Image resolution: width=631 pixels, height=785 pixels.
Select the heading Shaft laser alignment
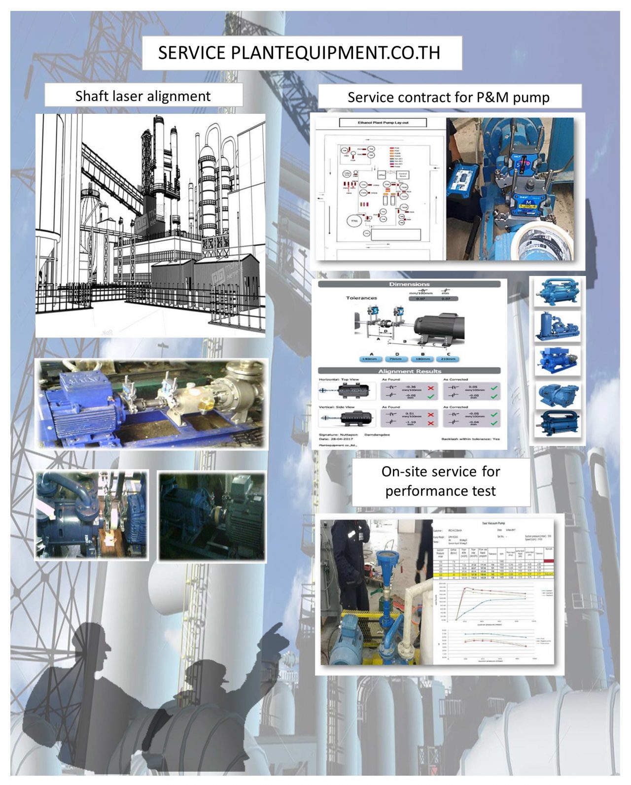pyautogui.click(x=143, y=96)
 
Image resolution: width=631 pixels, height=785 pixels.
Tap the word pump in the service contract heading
pyautogui.click(x=530, y=97)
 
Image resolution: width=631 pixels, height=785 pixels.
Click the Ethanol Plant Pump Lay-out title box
pyautogui.click(x=383, y=123)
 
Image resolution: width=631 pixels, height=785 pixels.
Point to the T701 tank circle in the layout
pyautogui.click(x=354, y=222)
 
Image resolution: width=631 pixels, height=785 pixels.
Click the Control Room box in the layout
pyautogui.click(x=402, y=174)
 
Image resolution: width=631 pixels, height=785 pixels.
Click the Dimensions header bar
pyautogui.click(x=409, y=284)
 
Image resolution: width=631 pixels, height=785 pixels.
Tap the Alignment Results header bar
pyautogui.click(x=409, y=371)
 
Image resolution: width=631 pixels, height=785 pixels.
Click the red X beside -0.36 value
pyautogui.click(x=430, y=388)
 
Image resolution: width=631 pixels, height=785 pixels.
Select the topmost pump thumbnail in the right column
pyautogui.click(x=557, y=291)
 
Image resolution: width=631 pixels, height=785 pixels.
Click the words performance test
pyautogui.click(x=440, y=491)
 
